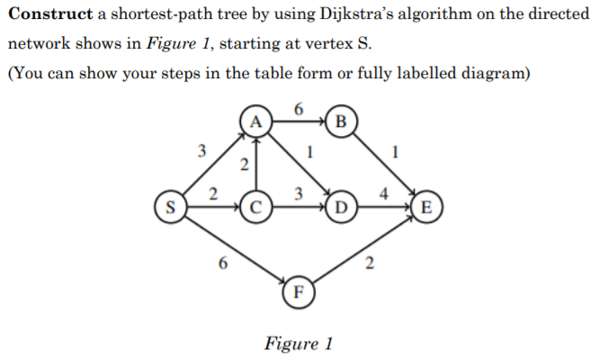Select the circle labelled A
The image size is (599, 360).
click(255, 121)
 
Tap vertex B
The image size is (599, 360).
click(343, 121)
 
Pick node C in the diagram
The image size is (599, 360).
click(255, 208)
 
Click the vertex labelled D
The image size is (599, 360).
click(343, 208)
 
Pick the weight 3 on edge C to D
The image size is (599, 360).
click(299, 194)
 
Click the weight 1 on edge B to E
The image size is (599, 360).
click(396, 153)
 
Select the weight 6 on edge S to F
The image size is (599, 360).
click(222, 264)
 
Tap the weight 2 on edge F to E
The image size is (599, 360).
click(369, 264)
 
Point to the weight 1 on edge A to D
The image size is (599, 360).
click(309, 153)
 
